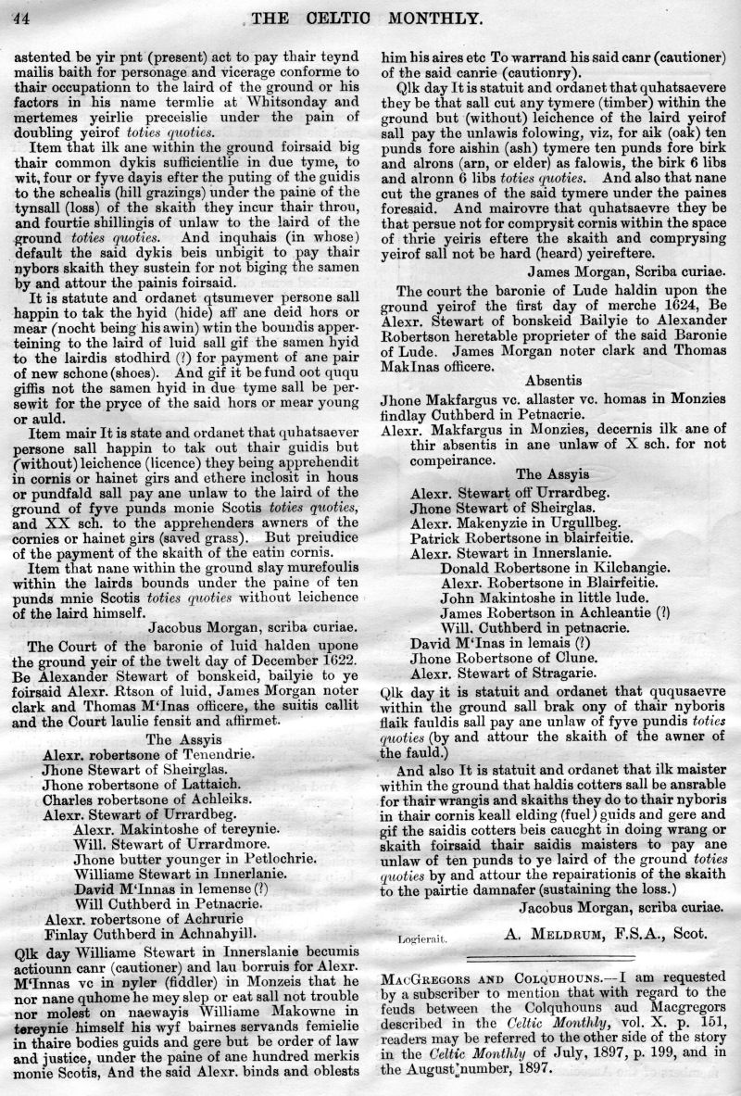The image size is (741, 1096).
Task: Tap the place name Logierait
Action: click(x=422, y=938)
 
